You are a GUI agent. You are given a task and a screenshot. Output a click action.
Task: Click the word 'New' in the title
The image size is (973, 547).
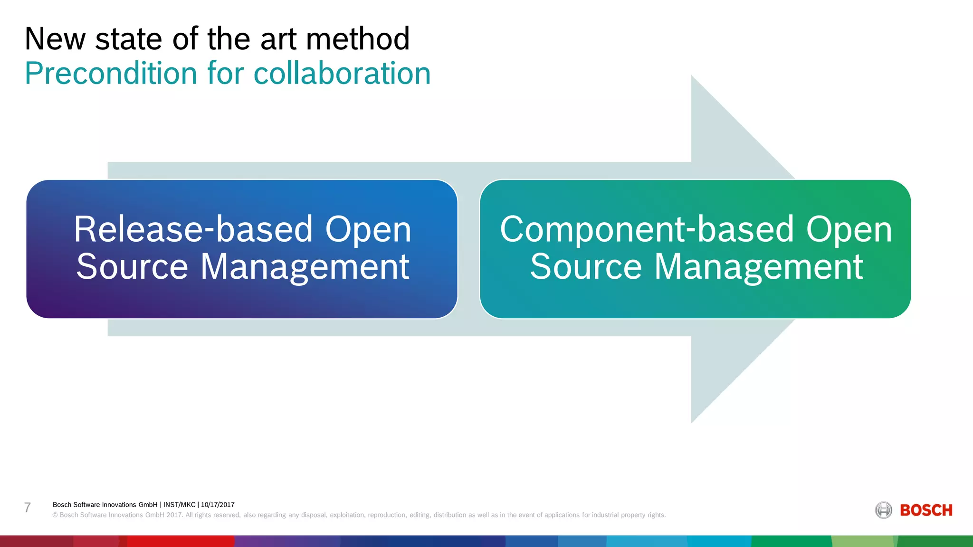pyautogui.click(x=55, y=39)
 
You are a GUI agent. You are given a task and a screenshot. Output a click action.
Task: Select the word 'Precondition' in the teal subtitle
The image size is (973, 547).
pyautogui.click(x=111, y=74)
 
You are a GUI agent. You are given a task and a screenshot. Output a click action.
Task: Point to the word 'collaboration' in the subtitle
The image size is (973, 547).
pyautogui.click(x=342, y=74)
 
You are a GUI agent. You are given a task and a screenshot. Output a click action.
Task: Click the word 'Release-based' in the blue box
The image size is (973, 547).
pyautogui.click(x=193, y=230)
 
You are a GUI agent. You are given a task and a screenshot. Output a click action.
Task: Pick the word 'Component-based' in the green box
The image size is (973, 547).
pyautogui.click(x=647, y=230)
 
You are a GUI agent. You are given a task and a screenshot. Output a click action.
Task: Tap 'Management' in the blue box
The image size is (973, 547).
pyautogui.click(x=305, y=267)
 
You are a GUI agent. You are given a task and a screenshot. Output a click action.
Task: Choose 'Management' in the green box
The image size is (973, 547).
pyautogui.click(x=758, y=267)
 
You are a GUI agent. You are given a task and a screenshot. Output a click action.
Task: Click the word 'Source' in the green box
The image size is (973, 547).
pyautogui.click(x=586, y=267)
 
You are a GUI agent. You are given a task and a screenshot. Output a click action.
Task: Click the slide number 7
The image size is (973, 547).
pyautogui.click(x=28, y=508)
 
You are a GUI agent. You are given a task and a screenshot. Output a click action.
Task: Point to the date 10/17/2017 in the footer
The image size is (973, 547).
pyautogui.click(x=218, y=505)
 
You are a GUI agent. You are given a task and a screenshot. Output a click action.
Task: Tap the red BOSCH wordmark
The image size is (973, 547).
pyautogui.click(x=926, y=510)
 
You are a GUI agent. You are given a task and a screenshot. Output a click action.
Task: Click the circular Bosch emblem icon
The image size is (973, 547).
pyautogui.click(x=884, y=510)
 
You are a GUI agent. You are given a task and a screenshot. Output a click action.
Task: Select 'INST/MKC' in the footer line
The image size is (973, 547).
pyautogui.click(x=180, y=505)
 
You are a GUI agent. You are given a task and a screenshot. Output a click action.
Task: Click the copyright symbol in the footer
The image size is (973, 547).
pyautogui.click(x=55, y=515)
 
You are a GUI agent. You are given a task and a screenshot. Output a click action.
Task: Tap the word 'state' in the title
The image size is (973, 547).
pyautogui.click(x=129, y=39)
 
